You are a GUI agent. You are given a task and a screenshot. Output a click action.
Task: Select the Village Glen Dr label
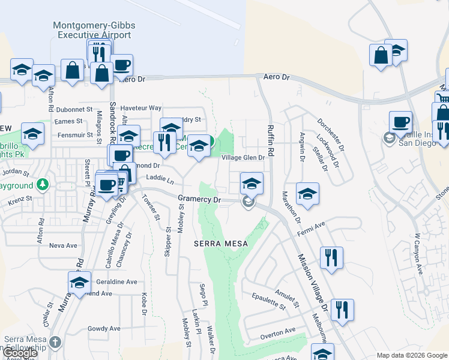pyautogui.click(x=243, y=158)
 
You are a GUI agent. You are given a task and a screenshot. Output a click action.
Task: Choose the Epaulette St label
pyautogui.click(x=268, y=302)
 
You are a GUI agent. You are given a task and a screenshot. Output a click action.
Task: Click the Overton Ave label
pyautogui.click(x=278, y=331)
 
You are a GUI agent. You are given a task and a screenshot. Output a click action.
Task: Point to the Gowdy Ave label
pyautogui.click(x=104, y=329)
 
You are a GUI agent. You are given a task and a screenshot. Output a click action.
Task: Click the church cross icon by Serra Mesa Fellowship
pyautogui.click(x=55, y=342)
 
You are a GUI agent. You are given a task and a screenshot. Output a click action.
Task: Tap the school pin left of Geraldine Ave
pyautogui.click(x=79, y=283)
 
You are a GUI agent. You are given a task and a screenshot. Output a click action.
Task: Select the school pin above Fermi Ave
pyautogui.click(x=307, y=194)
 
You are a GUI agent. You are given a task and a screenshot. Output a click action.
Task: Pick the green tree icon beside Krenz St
pyautogui.click(x=42, y=183)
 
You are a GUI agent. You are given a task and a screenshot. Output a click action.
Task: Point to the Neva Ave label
pyautogui.click(x=63, y=245)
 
